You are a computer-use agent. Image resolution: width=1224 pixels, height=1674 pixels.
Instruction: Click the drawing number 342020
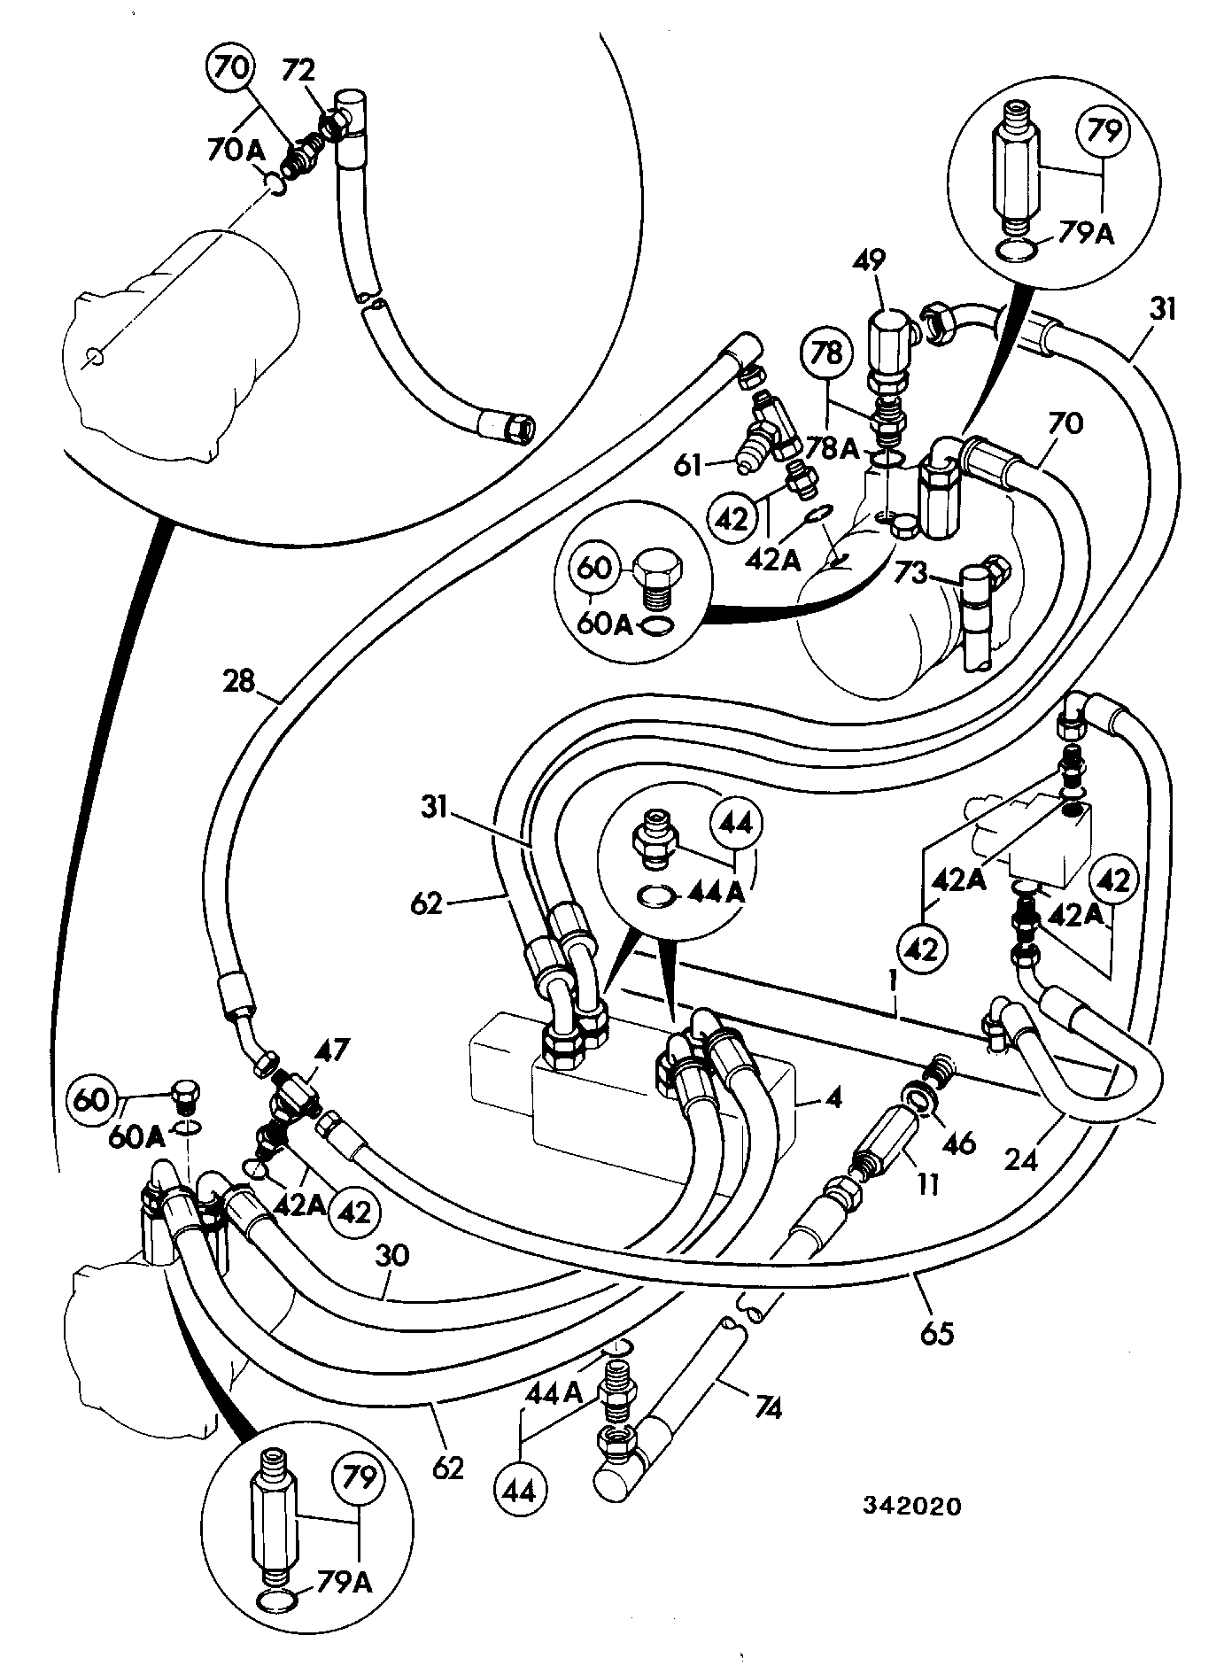(914, 1505)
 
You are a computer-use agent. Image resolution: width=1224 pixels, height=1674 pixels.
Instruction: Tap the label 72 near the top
(298, 70)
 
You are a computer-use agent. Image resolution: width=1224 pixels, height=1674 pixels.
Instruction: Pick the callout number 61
(688, 464)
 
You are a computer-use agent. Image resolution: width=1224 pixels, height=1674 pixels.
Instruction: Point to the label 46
(958, 1143)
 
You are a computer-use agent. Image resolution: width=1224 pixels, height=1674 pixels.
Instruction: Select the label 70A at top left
(236, 150)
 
